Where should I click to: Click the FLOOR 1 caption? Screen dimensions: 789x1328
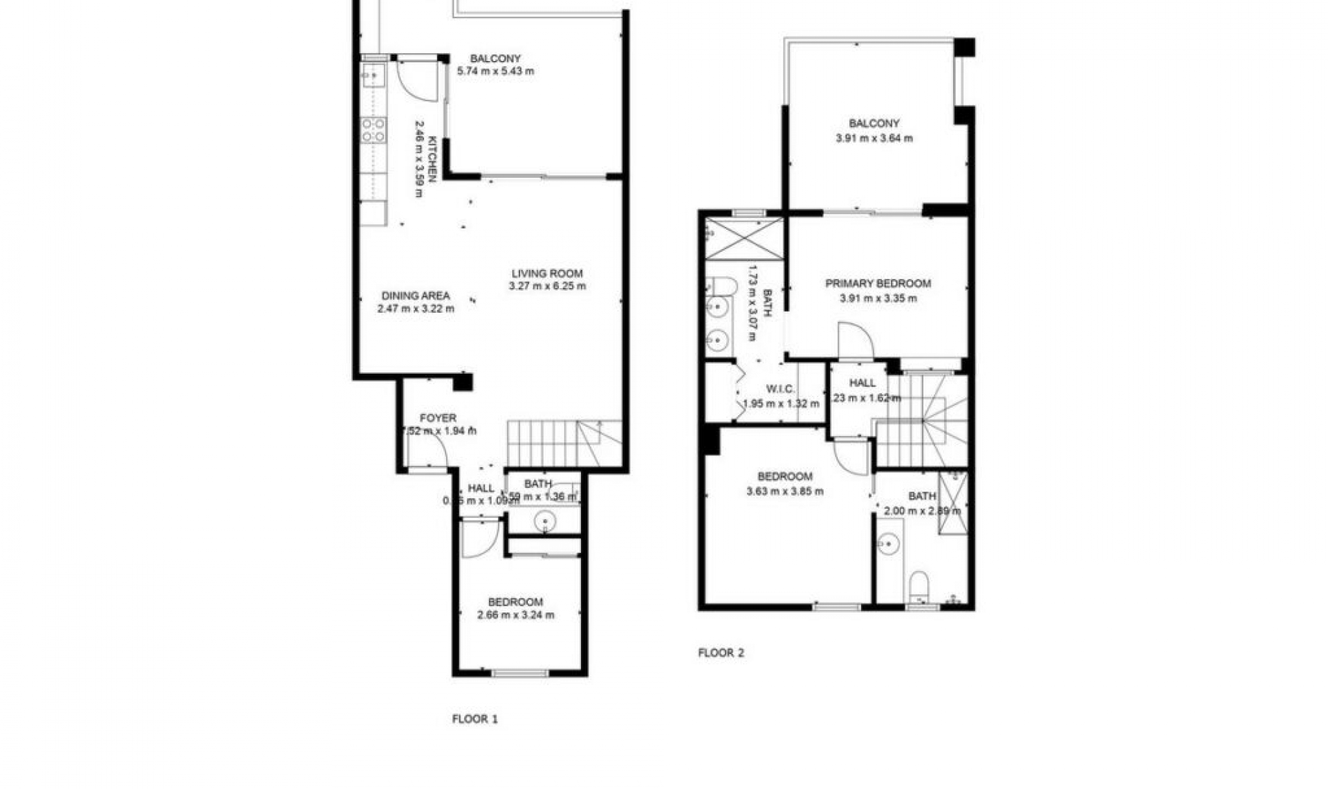point(474,718)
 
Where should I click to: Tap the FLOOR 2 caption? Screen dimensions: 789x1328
point(721,652)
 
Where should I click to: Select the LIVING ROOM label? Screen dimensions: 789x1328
point(547,273)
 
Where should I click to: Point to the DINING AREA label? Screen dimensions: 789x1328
point(416,296)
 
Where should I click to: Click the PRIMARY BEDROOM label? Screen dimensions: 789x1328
point(878,283)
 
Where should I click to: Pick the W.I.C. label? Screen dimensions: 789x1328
point(780,389)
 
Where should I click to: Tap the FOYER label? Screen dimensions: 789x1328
point(438,418)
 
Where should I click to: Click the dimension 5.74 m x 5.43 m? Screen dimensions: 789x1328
point(495,71)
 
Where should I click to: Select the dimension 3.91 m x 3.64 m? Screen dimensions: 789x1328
point(874,138)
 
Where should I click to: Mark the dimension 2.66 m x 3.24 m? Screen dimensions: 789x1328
point(515,615)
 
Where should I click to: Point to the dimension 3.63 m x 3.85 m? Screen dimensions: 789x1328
point(784,491)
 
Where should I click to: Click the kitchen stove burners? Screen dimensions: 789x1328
point(373,130)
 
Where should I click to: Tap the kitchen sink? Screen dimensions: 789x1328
point(373,73)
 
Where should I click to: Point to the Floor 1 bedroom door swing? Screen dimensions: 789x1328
point(479,537)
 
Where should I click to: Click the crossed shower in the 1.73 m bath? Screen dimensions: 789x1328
point(745,239)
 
